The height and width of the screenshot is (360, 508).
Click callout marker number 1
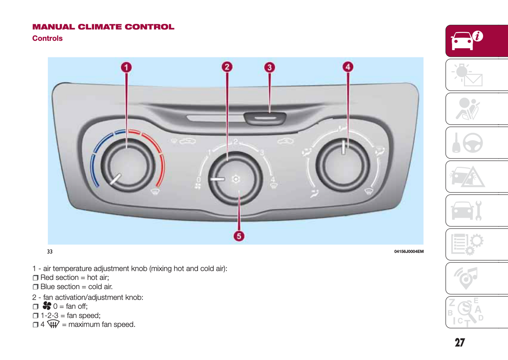[127, 67]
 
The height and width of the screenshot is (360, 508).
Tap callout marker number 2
[227, 67]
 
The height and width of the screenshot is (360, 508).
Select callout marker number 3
[270, 67]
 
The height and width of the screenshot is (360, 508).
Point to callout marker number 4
[348, 67]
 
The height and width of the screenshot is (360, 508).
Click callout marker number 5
[239, 236]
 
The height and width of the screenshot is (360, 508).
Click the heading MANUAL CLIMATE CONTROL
[103, 27]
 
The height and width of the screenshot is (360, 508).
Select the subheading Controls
[47, 38]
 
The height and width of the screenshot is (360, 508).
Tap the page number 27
[459, 342]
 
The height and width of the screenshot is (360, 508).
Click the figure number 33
[50, 251]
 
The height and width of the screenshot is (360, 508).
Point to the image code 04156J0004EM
[409, 251]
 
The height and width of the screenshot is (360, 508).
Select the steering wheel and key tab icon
[468, 143]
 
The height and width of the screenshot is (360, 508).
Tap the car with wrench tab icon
[468, 211]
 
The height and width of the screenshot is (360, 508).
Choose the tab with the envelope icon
[468, 75]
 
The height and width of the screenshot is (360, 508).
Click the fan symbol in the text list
[47, 306]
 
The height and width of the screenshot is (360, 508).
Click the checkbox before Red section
[36, 278]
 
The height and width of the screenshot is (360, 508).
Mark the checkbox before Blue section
[36, 287]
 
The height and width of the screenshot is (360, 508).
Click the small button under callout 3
[265, 118]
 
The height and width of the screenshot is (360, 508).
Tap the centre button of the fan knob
[236, 179]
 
